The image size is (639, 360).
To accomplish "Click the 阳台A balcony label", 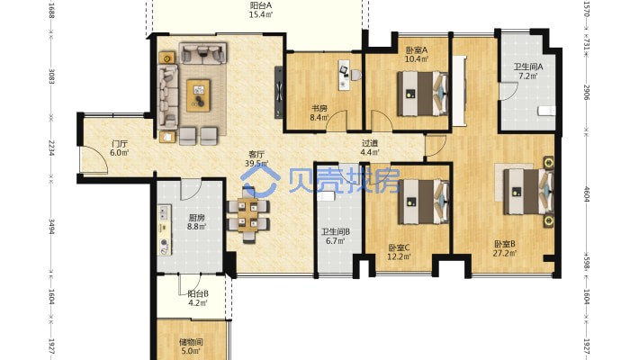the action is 261,10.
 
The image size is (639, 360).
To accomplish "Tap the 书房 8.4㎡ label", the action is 319,112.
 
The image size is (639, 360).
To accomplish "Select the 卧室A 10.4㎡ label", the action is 417,55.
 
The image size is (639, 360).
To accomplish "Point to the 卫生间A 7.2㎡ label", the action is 527,71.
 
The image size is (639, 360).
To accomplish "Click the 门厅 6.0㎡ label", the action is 120,148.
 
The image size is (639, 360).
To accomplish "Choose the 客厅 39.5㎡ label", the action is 256,158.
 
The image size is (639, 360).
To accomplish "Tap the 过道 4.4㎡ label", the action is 370,148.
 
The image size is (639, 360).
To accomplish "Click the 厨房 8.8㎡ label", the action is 196,221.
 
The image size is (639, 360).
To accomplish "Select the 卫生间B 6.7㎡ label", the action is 336,236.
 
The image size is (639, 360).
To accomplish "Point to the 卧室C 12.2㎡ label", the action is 399,252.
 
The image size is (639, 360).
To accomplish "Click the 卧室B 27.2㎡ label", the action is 505,248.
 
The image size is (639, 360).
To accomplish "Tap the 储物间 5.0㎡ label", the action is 191,346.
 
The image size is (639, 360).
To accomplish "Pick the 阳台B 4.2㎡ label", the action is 198,298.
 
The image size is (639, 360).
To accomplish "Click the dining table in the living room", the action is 248,215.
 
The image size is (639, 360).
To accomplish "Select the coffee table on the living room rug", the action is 199,95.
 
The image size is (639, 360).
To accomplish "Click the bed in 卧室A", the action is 423,94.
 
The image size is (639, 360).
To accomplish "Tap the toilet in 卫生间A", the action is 546,110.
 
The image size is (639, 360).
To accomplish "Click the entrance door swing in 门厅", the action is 94,159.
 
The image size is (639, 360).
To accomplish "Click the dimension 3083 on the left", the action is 52,76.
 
